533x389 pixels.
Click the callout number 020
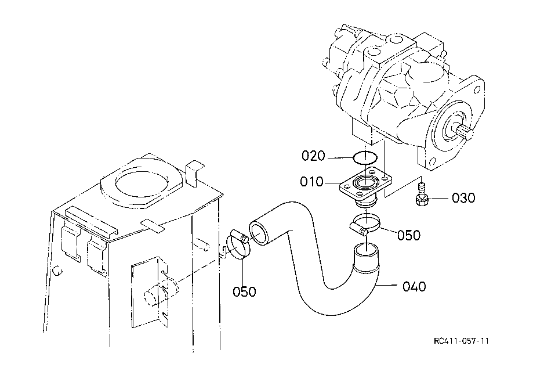pyautogui.click(x=313, y=156)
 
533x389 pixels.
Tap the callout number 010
pyautogui.click(x=311, y=182)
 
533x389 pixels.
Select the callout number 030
pyautogui.click(x=463, y=198)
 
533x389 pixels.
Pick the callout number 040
pyautogui.click(x=414, y=287)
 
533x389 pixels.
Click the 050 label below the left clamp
pyautogui.click(x=244, y=291)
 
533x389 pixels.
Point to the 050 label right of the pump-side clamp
pyautogui.click(x=408, y=235)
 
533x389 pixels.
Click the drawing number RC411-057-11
pyautogui.click(x=461, y=341)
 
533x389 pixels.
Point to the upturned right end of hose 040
pyautogui.click(x=366, y=257)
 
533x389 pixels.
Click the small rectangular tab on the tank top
pyautogui.click(x=152, y=226)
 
